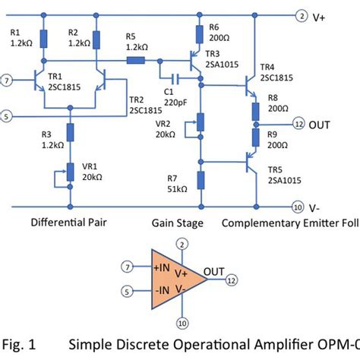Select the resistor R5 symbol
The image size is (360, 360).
coord(137,61)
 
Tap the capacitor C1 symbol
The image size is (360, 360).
coord(175,77)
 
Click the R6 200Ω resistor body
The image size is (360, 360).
coord(200,34)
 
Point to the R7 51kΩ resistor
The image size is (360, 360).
coord(201,180)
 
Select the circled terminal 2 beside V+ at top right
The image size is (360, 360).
coord(302,15)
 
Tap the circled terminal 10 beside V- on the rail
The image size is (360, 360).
coord(297,206)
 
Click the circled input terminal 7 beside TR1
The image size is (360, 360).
coord(8,79)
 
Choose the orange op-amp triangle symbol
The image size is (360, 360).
coord(182,278)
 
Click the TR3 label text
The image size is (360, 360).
coord(213,54)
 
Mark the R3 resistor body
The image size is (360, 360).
coord(71,133)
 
